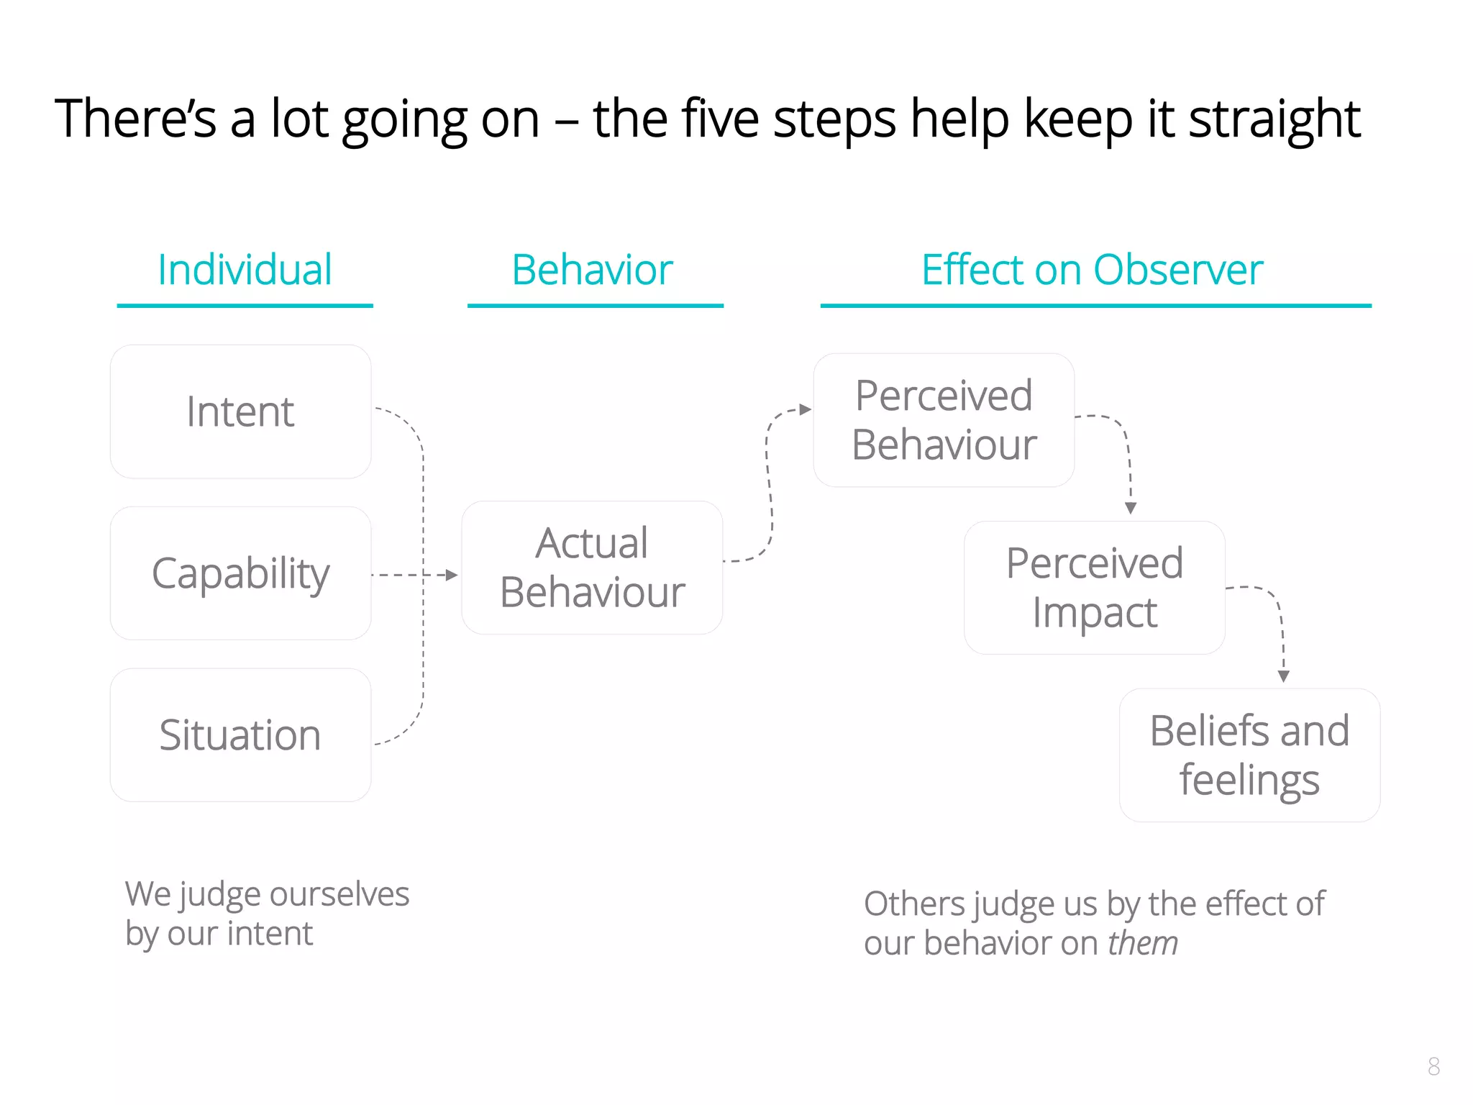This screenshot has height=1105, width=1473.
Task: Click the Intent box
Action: click(240, 411)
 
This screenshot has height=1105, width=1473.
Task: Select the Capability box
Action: click(240, 573)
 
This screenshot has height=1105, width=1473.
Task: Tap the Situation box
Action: click(240, 735)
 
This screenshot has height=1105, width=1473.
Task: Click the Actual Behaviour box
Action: click(592, 568)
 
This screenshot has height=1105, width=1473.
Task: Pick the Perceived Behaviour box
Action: click(944, 420)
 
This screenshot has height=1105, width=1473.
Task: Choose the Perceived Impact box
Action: click(1094, 588)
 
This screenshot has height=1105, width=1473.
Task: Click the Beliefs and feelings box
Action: click(1249, 755)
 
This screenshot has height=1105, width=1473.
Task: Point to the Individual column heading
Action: click(245, 270)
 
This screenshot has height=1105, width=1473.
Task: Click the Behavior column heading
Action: click(592, 270)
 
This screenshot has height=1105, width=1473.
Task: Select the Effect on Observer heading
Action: click(1092, 270)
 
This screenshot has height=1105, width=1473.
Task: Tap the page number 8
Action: click(1433, 1066)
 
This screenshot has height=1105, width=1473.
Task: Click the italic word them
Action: click(1143, 943)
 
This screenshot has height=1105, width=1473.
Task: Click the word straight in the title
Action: click(1274, 119)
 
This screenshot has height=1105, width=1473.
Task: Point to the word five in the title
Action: click(719, 119)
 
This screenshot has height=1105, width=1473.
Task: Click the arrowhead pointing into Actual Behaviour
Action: click(452, 575)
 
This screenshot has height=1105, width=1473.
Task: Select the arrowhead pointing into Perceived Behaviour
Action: click(806, 409)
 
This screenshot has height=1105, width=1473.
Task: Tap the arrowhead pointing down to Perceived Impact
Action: click(1131, 509)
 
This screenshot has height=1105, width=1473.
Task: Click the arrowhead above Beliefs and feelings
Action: click(1284, 676)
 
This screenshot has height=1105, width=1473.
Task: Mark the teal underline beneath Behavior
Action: click(595, 306)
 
